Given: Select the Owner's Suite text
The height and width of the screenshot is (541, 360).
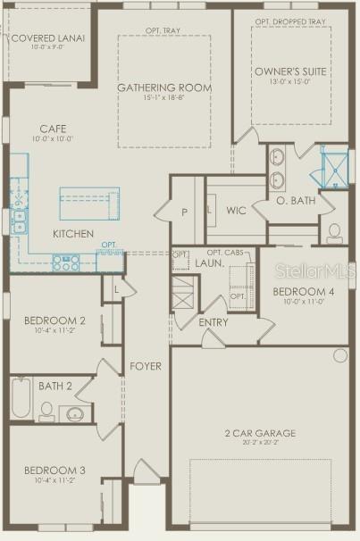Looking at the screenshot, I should pos(291,71).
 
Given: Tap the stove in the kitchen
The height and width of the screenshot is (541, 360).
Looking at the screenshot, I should pos(67,262).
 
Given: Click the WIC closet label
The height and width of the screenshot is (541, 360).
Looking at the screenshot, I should pos(236,211).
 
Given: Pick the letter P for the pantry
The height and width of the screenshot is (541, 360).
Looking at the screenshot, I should pos(185,212).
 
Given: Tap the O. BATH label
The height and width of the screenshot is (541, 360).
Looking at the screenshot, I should pos(296,200).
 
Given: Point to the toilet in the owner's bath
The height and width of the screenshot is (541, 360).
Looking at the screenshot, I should pos(335,233).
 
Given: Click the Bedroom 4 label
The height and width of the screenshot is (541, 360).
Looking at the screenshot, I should pos(304,292).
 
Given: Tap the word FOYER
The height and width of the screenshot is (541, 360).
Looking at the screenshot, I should pos(146,366).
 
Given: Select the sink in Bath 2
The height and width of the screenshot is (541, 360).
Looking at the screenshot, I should pos(74,415).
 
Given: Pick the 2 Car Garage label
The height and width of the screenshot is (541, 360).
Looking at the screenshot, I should pos(260,434).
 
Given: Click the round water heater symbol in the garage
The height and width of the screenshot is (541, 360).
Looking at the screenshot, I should pos(339,355).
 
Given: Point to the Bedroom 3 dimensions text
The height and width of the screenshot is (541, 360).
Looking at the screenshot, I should pos(54,481).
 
